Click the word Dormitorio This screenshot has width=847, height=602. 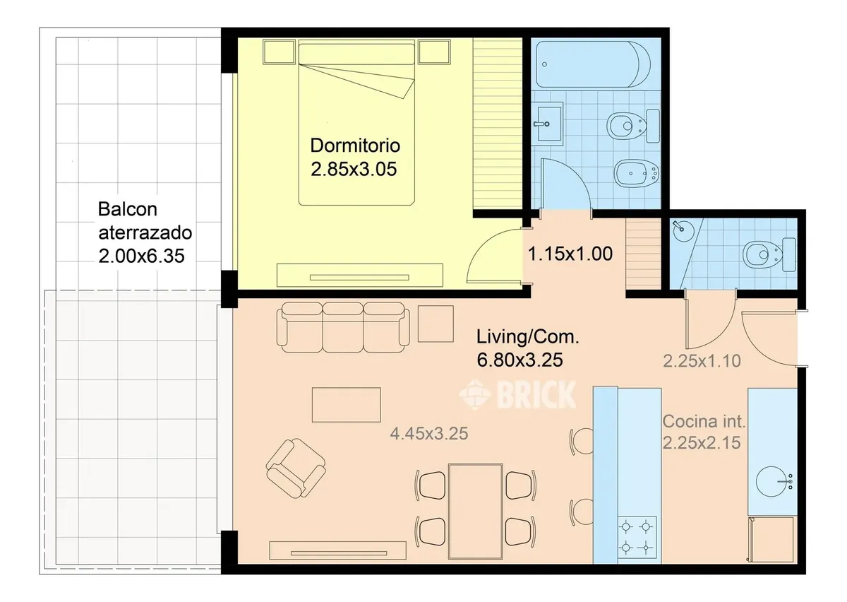point(355,146)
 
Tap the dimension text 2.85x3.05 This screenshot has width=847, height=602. point(354,169)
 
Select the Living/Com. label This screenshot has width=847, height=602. point(527,336)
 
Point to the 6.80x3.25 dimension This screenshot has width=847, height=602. point(519,360)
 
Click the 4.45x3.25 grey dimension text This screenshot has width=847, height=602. point(429,434)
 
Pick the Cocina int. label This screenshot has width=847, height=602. point(704,421)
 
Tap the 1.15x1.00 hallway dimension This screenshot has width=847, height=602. point(570,254)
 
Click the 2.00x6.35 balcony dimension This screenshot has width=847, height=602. point(141,256)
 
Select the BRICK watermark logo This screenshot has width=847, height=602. point(517,394)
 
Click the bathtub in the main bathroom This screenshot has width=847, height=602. point(594,64)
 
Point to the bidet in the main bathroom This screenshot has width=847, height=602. point(637,174)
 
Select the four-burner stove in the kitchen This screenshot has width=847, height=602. point(637,537)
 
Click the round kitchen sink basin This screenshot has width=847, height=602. point(771,481)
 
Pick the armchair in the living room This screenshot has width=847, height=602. point(296,468)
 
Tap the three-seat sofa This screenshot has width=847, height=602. point(343,327)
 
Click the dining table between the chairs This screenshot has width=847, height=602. point(476,511)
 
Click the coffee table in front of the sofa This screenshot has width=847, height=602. point(347,405)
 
